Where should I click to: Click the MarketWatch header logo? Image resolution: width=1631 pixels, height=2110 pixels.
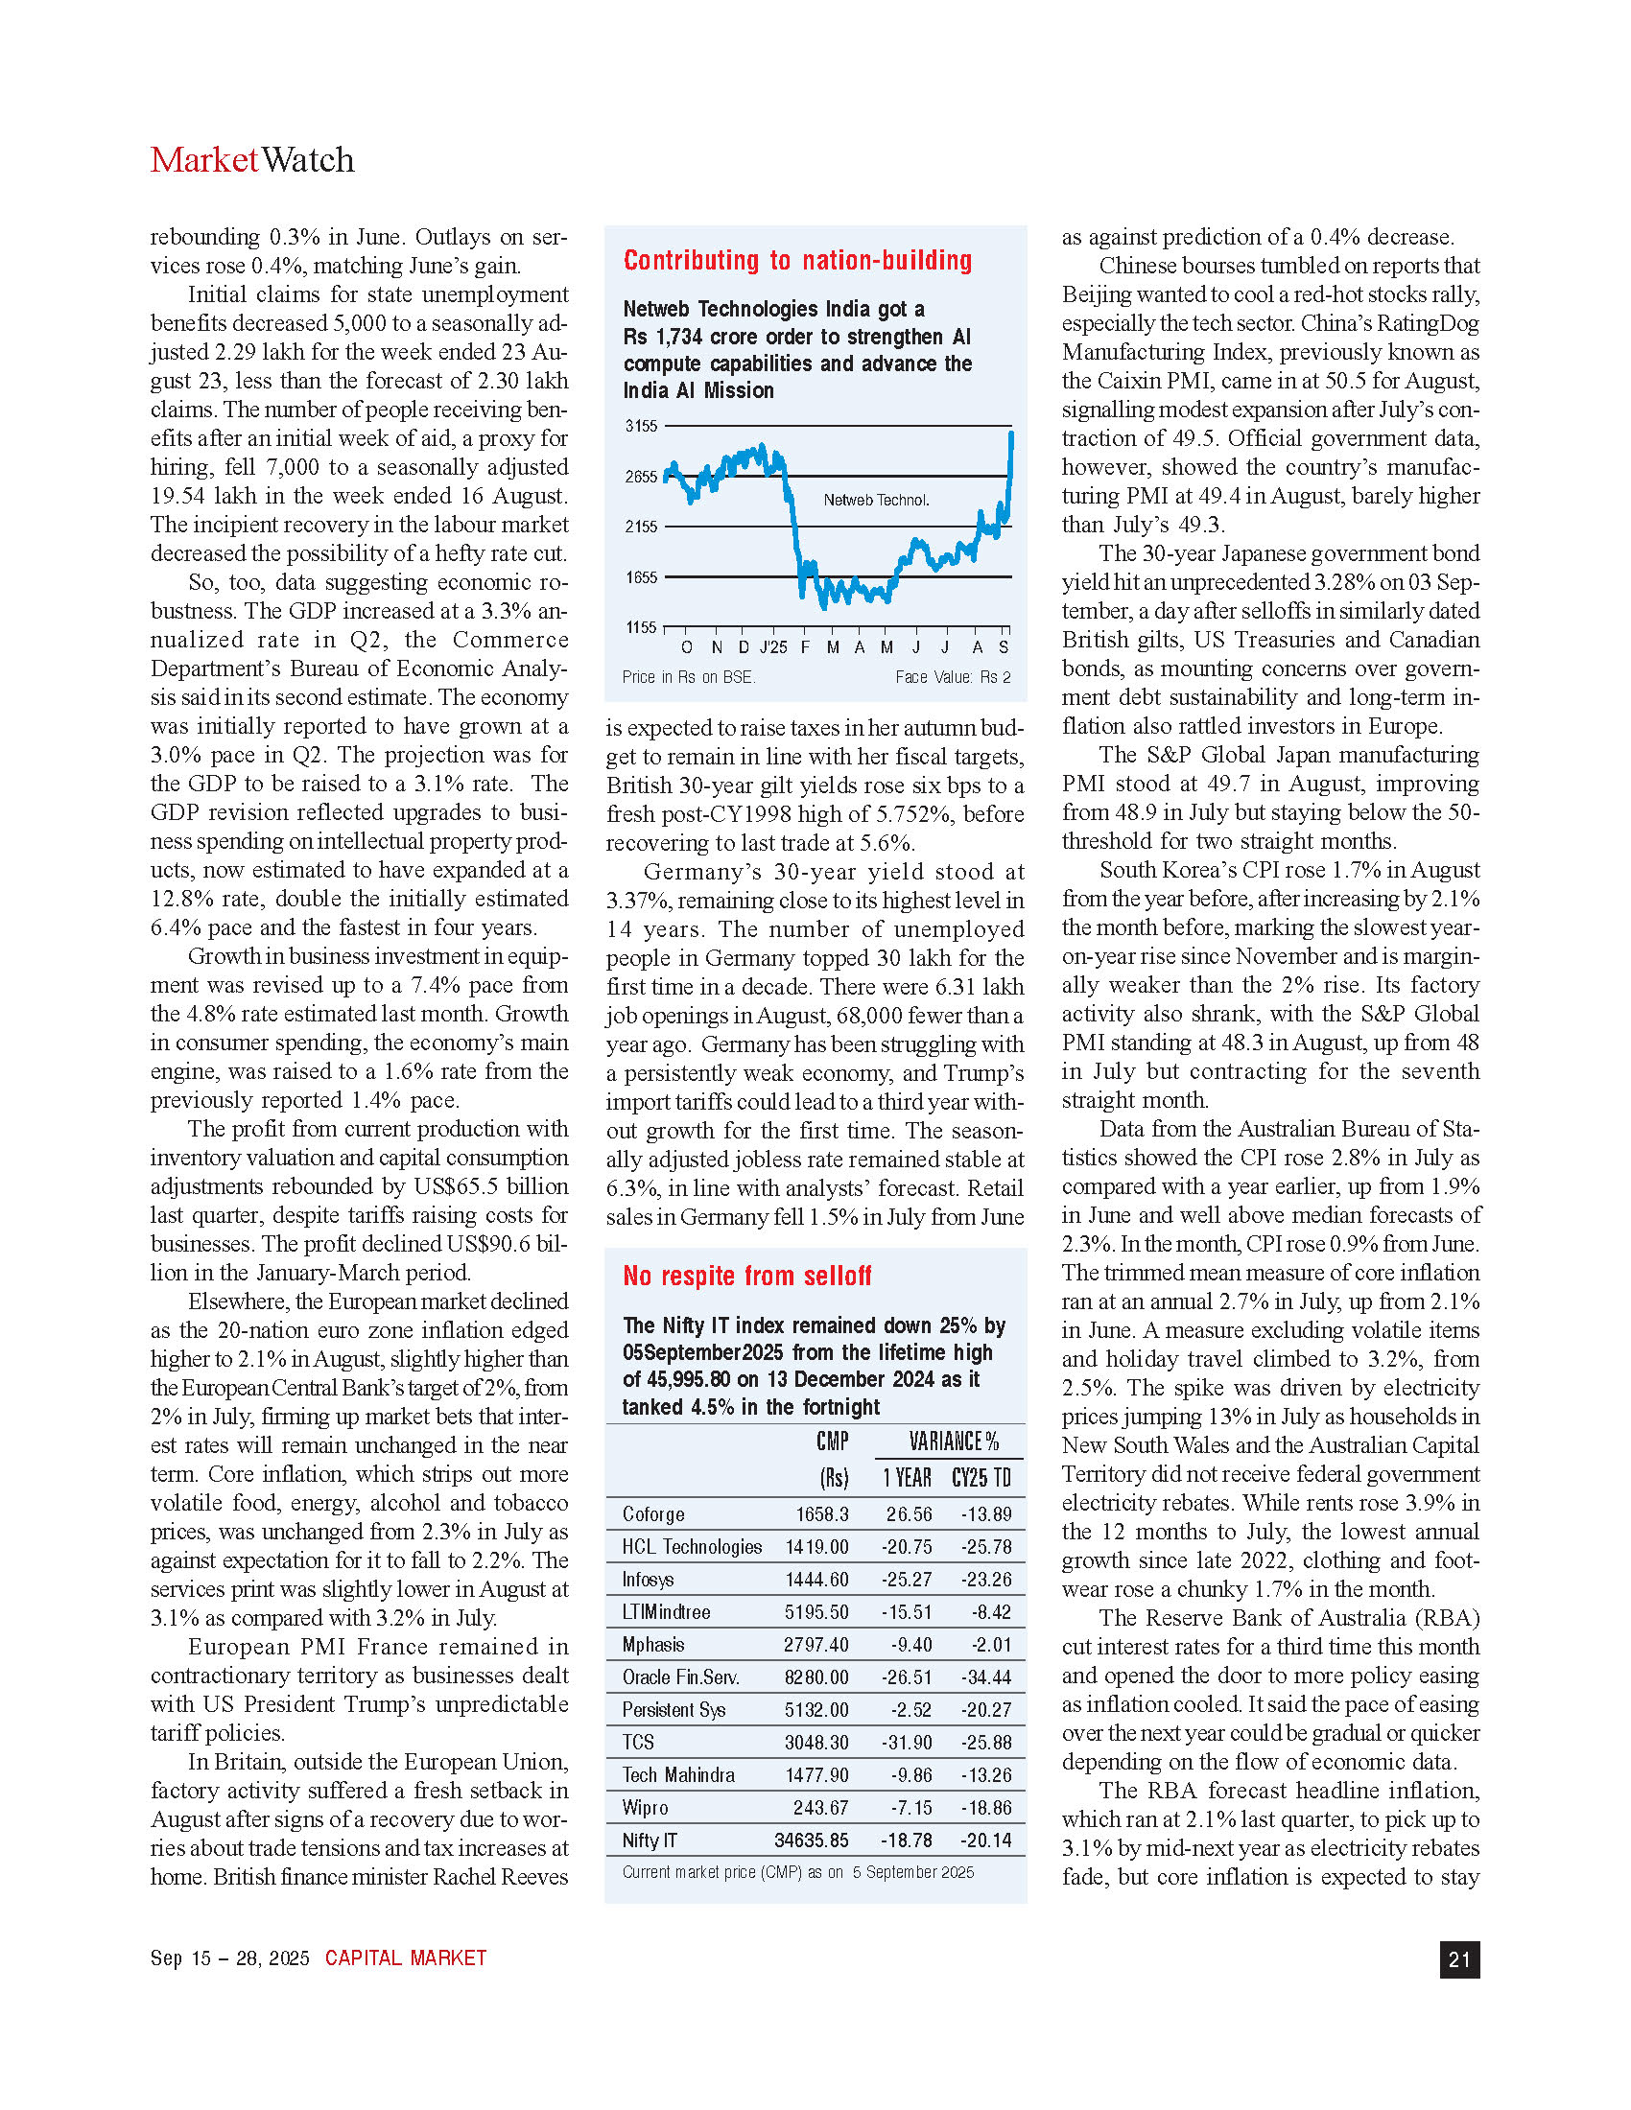tap(252, 160)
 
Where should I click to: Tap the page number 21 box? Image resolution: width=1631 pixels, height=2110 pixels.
tap(1459, 1959)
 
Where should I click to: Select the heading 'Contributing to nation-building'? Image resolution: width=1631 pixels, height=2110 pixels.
tap(797, 260)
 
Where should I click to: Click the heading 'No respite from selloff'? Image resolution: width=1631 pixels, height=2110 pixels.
tap(746, 1277)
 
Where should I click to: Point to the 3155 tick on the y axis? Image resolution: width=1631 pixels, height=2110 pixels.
tap(642, 426)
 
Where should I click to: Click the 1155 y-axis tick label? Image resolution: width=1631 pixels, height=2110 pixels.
tap(642, 627)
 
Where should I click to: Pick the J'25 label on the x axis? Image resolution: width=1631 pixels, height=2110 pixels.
tap(773, 647)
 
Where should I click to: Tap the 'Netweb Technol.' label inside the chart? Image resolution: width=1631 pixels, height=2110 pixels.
tap(876, 501)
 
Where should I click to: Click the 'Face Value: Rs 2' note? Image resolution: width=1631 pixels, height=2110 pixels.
tap(953, 677)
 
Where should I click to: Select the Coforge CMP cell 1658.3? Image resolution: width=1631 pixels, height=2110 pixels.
tap(822, 1513)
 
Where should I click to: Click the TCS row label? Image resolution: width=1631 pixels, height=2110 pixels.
tap(639, 1742)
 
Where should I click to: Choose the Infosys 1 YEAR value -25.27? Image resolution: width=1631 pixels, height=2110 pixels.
tap(907, 1580)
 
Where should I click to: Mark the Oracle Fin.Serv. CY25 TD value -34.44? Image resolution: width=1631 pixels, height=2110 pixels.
tap(985, 1677)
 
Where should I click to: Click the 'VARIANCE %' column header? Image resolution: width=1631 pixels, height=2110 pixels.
tap(954, 1442)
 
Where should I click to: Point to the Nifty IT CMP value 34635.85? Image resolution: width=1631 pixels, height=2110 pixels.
tap(812, 1840)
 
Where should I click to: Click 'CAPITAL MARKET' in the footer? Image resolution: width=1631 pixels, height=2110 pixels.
tap(406, 1958)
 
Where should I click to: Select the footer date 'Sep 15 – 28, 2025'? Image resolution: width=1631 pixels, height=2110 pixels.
tap(230, 1958)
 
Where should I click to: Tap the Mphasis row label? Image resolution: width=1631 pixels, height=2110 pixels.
tap(653, 1644)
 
